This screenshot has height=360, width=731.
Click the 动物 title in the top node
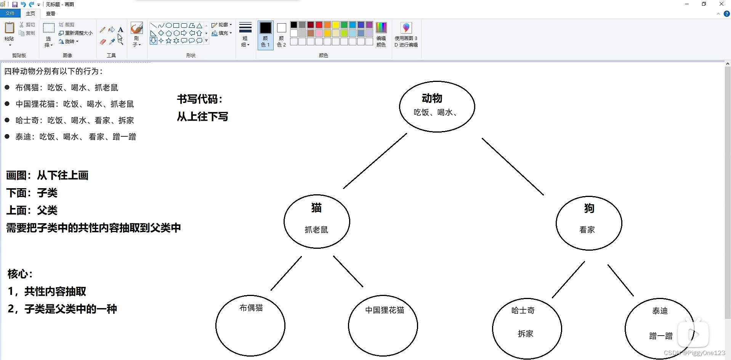click(x=432, y=98)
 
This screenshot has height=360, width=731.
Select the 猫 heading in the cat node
click(x=316, y=208)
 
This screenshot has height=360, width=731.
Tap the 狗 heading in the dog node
click(x=589, y=208)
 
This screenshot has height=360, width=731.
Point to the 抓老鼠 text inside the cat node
click(x=316, y=230)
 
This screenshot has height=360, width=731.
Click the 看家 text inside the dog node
click(x=587, y=230)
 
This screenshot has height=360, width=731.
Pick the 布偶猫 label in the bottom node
click(x=251, y=308)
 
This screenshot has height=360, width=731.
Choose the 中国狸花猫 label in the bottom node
click(x=385, y=310)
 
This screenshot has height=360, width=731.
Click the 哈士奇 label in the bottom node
click(x=523, y=310)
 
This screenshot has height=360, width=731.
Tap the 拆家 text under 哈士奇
click(x=525, y=334)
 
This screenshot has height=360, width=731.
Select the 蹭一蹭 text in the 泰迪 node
click(x=660, y=336)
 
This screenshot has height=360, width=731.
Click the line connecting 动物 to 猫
click(x=375, y=161)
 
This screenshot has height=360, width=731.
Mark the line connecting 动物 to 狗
click(x=513, y=166)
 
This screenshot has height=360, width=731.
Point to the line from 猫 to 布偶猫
click(x=286, y=273)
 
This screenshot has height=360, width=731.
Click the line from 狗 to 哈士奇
click(x=568, y=279)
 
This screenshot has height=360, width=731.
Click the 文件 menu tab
click(x=10, y=13)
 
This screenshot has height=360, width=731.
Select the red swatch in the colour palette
click(x=319, y=25)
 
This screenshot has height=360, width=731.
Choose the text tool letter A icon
click(x=120, y=29)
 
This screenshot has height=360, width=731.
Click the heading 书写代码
click(x=199, y=99)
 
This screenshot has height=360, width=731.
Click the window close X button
click(x=721, y=4)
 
